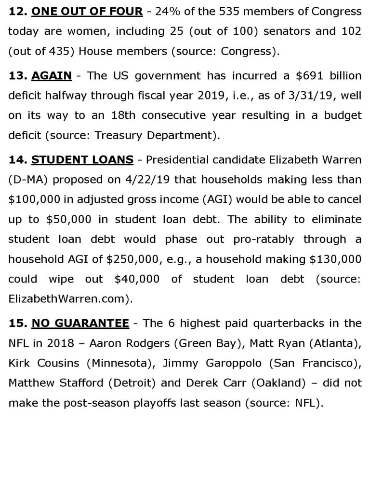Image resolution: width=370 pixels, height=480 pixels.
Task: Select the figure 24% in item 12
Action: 159,11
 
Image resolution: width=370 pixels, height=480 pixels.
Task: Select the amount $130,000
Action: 332,259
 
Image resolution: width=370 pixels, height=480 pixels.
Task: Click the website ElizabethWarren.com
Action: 66,298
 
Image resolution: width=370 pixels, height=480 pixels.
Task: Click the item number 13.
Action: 18,76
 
